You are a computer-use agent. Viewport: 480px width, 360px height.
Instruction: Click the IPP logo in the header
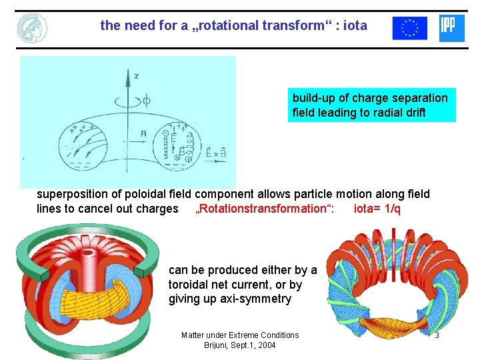click(x=452, y=28)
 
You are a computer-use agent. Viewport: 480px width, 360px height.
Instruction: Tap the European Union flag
click(x=409, y=28)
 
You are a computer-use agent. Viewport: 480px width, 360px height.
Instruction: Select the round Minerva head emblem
click(x=32, y=27)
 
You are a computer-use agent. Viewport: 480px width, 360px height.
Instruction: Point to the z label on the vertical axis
click(x=136, y=76)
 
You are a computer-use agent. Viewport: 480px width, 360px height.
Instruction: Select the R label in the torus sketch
click(x=143, y=133)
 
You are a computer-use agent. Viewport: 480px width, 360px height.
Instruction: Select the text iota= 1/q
click(x=377, y=209)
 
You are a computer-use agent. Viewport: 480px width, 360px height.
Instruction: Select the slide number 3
click(x=437, y=335)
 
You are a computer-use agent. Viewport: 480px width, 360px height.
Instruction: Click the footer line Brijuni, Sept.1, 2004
click(x=240, y=345)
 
